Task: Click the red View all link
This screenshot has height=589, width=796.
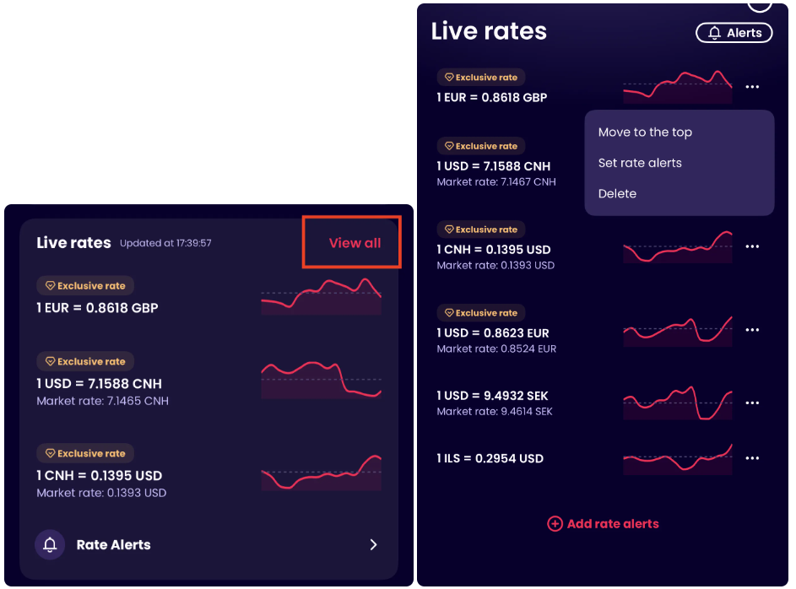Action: click(x=355, y=243)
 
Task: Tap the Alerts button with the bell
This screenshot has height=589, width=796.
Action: click(x=734, y=33)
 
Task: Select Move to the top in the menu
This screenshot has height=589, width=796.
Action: click(x=645, y=132)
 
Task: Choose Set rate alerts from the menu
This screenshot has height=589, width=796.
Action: click(x=640, y=163)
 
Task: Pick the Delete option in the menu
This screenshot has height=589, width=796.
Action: click(x=617, y=193)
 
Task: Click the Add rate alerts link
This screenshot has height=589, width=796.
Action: click(x=613, y=524)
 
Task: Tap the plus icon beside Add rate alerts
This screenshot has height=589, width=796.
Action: click(x=555, y=524)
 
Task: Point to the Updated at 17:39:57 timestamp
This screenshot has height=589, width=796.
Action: click(x=165, y=243)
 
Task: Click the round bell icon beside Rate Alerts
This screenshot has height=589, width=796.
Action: click(x=50, y=544)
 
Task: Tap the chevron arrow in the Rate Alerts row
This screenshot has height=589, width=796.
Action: click(x=374, y=544)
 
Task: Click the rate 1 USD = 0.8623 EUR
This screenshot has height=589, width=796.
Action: click(x=493, y=332)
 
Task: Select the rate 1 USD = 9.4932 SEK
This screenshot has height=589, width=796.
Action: click(x=492, y=396)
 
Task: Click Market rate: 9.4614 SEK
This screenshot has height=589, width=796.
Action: click(x=495, y=411)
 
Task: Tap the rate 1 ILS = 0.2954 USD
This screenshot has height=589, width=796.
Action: click(x=490, y=459)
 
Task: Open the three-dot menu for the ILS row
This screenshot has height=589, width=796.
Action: click(x=752, y=459)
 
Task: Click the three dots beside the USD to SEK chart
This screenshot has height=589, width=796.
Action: click(x=752, y=403)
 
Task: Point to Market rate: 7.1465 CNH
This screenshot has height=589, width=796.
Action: click(x=102, y=401)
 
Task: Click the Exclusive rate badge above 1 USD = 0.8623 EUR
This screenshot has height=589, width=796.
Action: click(x=481, y=313)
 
